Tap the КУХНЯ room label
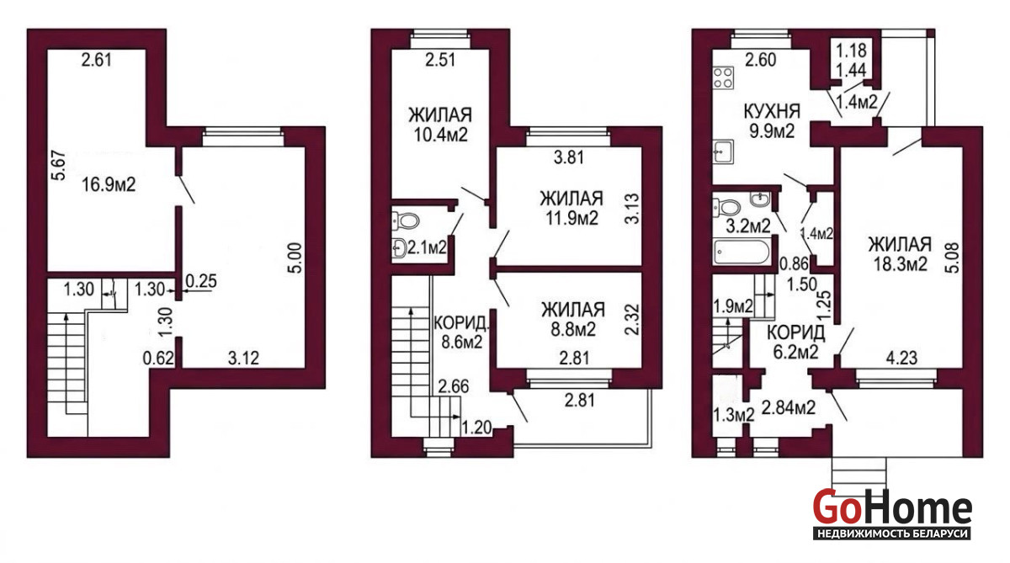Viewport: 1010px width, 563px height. click(x=772, y=111)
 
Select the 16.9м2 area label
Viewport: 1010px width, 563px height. click(x=109, y=184)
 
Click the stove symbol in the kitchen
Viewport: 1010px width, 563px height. click(x=723, y=77)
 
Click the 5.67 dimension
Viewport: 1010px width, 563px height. click(x=59, y=166)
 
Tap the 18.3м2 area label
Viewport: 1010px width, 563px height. click(x=900, y=263)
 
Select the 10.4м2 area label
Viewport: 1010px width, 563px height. click(x=440, y=135)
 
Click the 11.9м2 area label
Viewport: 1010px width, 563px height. click(x=571, y=218)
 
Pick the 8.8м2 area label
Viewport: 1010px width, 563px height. click(x=572, y=330)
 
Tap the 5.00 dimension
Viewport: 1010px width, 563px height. click(x=295, y=258)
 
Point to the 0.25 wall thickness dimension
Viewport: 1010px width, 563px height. click(x=201, y=281)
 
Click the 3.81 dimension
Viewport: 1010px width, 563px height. click(x=569, y=157)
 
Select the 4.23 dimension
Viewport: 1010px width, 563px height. click(x=901, y=358)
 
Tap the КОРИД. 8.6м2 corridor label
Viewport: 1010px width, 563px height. click(x=461, y=332)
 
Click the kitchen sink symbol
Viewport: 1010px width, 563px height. click(x=723, y=151)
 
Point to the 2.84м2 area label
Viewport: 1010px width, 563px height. click(x=788, y=407)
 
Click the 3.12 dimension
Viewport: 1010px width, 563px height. click(x=243, y=359)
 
